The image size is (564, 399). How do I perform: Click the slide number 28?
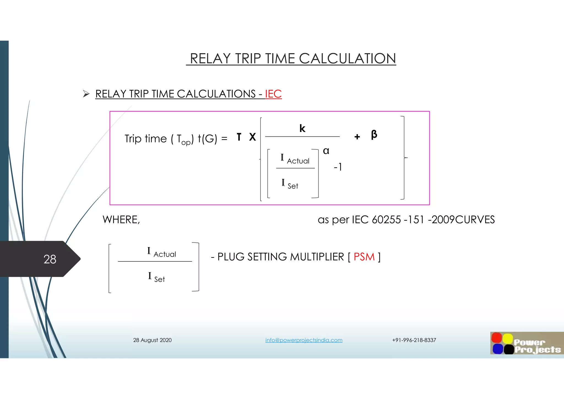tap(50, 259)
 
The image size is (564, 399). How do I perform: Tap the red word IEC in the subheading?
tap(273, 94)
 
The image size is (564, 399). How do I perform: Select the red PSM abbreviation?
tap(364, 257)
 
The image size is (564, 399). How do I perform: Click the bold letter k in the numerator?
tap(302, 128)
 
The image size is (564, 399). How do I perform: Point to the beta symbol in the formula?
tap(374, 134)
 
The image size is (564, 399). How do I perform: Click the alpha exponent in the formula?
tap(326, 151)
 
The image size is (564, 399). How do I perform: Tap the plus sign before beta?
tap(357, 137)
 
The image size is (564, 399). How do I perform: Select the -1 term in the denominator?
tap(338, 167)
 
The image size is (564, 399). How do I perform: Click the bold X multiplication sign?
tap(252, 137)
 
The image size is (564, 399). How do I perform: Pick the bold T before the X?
tap(239, 137)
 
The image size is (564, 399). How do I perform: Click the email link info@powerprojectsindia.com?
tap(304, 340)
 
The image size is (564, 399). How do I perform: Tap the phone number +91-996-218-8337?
tap(414, 340)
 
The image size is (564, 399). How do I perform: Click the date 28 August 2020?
tap(152, 340)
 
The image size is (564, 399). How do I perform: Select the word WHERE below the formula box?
tap(121, 220)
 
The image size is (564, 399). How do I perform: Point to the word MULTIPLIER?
tap(317, 257)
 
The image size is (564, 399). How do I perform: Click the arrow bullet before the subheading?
tap(86, 94)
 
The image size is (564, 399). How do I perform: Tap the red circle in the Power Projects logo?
tap(497, 338)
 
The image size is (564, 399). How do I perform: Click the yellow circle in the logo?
tap(508, 338)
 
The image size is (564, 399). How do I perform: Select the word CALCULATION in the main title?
tap(348, 58)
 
